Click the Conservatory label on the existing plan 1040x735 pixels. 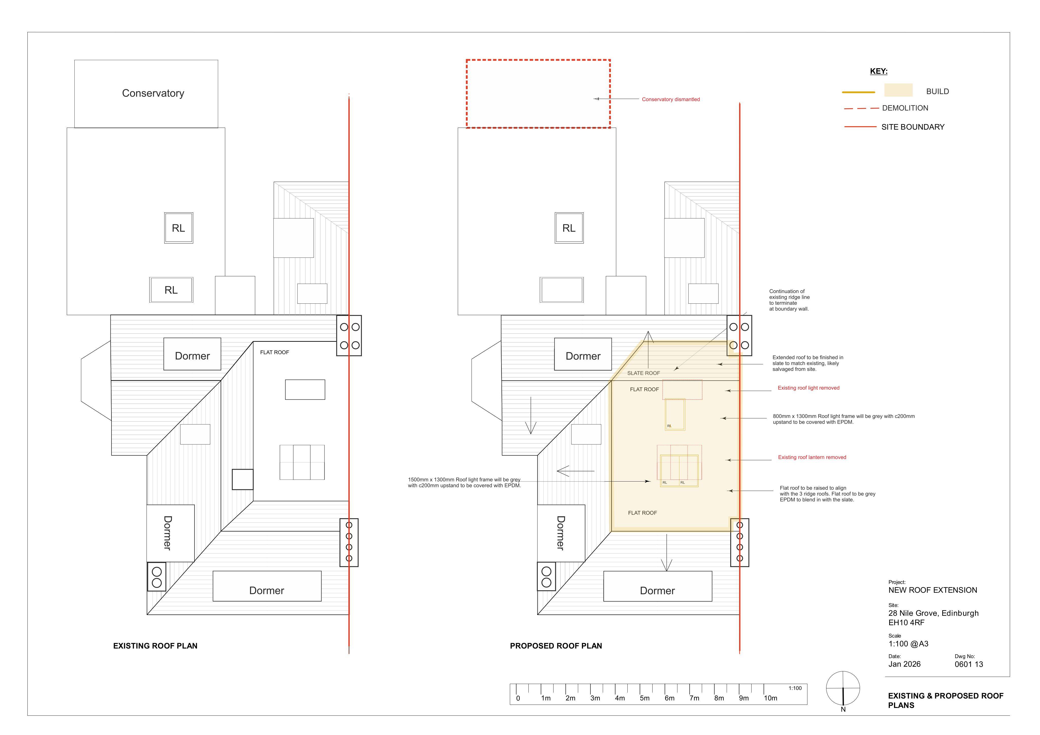tap(153, 93)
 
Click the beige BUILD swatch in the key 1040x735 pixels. tap(898, 90)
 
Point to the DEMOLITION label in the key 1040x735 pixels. tap(905, 108)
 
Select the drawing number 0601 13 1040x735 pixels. tap(969, 664)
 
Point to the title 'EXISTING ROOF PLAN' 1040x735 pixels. tap(155, 646)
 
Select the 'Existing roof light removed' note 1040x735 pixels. tap(808, 388)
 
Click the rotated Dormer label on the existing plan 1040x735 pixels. tap(167, 533)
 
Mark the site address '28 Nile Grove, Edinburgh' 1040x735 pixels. tap(933, 613)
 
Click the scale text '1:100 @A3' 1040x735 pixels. tap(908, 644)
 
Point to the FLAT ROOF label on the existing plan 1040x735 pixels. tap(274, 352)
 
